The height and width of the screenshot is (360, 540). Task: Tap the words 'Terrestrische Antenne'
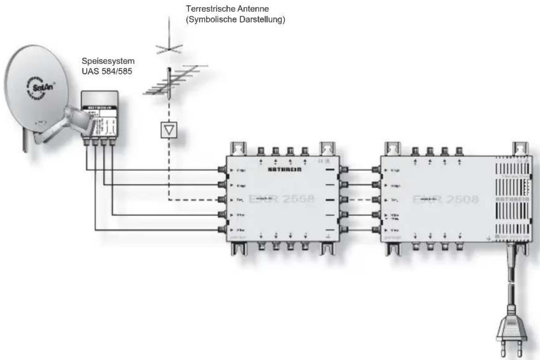tap(223, 8)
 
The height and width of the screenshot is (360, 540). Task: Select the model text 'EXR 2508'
tap(445, 199)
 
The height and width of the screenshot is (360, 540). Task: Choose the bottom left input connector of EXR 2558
tap(222, 230)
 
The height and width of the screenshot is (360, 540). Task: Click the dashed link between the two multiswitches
tap(360, 200)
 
